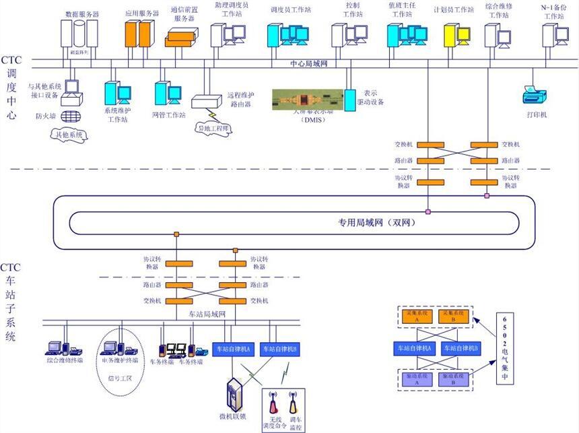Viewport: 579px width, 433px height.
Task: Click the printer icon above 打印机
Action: (535, 94)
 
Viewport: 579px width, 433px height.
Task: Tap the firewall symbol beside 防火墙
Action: (67, 116)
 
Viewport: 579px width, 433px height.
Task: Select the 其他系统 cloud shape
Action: (71, 135)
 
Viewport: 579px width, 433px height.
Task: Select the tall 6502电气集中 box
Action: (504, 349)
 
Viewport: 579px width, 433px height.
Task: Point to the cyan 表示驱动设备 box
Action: (349, 100)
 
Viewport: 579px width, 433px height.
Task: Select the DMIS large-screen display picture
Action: (308, 99)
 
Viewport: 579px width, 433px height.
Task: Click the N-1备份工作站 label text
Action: (556, 11)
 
